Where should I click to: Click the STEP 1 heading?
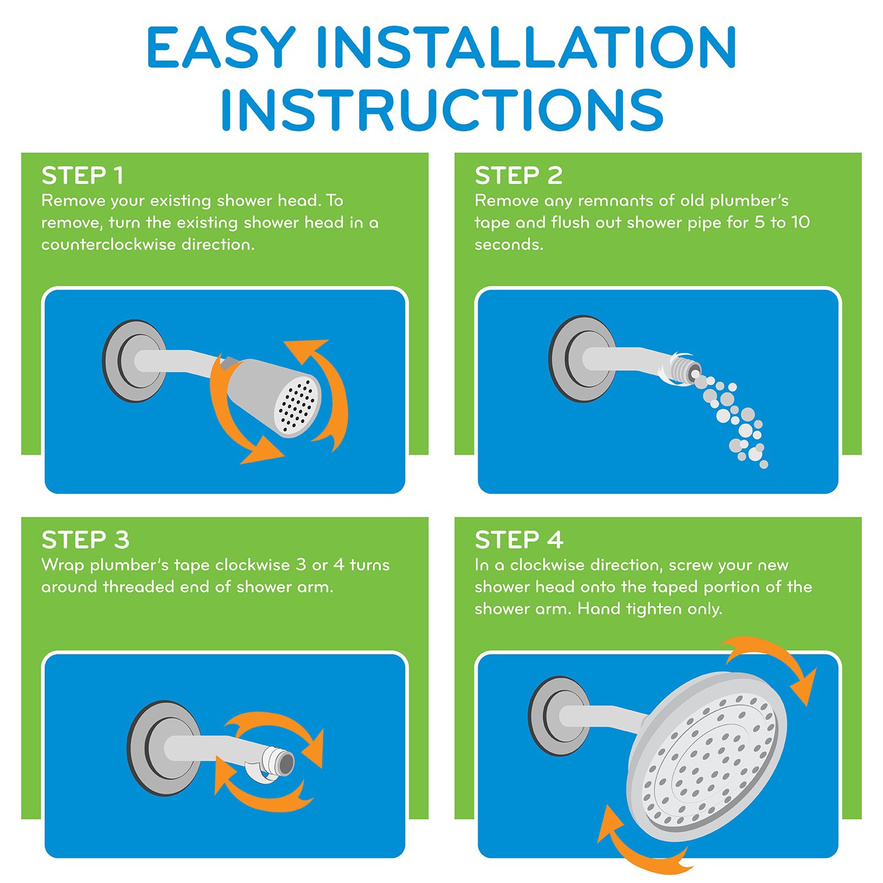[x=82, y=175]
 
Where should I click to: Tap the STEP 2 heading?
[x=519, y=175]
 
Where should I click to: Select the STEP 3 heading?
[x=85, y=540]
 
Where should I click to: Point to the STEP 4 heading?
[x=519, y=540]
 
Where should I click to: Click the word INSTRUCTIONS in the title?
[x=443, y=109]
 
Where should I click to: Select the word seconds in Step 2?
[x=509, y=244]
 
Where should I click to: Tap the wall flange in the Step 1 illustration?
[x=134, y=361]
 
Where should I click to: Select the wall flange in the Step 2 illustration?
[x=581, y=359]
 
